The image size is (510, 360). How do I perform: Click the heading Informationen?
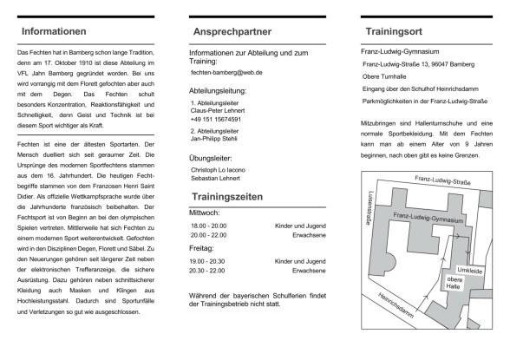click(54, 31)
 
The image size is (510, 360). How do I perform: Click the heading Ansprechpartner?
click(232, 32)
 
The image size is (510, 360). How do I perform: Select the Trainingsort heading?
click(394, 31)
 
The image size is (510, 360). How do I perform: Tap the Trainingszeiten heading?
click(227, 197)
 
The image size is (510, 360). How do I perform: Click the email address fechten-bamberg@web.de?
click(226, 73)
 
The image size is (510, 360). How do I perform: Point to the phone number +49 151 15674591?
click(216, 120)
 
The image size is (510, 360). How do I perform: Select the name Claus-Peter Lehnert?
click(218, 110)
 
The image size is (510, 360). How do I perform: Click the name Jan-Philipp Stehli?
click(213, 139)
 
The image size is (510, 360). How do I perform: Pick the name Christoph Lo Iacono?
click(218, 170)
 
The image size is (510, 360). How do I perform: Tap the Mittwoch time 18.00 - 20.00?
click(208, 226)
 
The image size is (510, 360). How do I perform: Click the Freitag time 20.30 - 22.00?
click(206, 271)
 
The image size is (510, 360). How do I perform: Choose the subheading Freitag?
click(201, 248)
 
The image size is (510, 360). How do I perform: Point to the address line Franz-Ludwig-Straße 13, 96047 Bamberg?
click(419, 64)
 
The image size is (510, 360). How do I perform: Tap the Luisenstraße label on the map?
click(369, 208)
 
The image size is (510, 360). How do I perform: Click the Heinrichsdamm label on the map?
click(396, 305)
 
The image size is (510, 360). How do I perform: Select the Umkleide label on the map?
click(470, 271)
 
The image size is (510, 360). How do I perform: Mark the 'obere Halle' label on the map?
click(454, 283)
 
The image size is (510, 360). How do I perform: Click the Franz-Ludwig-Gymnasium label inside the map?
click(428, 218)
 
